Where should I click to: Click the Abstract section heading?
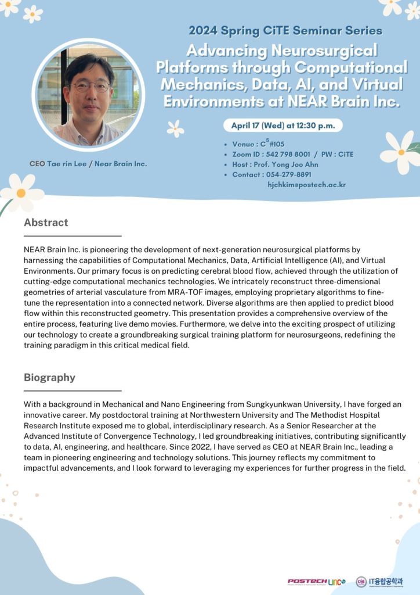(46, 223)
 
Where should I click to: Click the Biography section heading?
(49, 378)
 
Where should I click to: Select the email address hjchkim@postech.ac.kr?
(306, 185)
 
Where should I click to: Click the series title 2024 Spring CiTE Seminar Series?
(285, 30)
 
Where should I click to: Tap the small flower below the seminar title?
(175, 128)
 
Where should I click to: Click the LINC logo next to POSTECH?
(336, 582)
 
